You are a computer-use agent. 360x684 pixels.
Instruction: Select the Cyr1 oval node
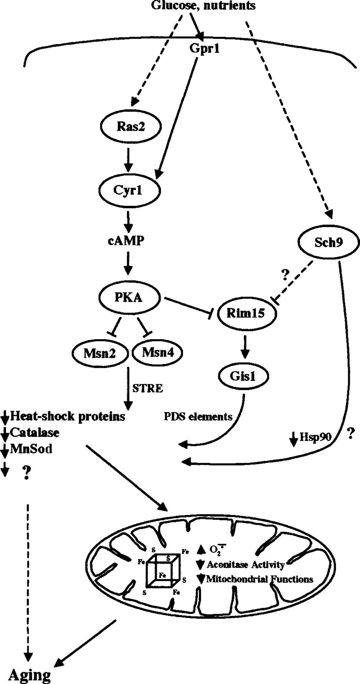(x=130, y=191)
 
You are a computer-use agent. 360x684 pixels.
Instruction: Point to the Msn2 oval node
(x=100, y=352)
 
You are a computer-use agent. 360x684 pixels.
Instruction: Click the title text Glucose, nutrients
(x=203, y=6)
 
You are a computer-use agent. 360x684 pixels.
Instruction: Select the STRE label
(x=147, y=388)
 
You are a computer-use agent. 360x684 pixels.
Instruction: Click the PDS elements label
(x=198, y=417)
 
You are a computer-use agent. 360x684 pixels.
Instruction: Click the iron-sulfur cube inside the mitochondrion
(x=161, y=570)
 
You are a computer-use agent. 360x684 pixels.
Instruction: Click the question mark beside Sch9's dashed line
(x=285, y=276)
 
